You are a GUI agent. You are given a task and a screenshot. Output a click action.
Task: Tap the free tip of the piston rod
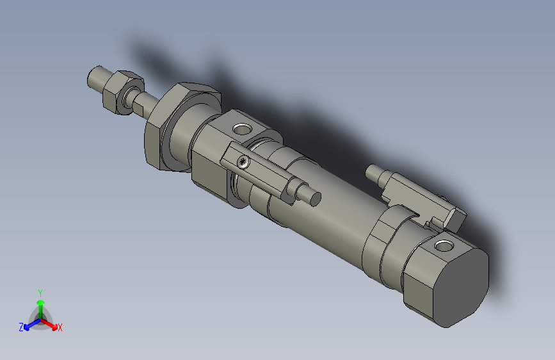point(94,76)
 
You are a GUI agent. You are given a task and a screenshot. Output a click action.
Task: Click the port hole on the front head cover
point(241,129)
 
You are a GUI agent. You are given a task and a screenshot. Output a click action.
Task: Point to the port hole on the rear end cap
point(443,245)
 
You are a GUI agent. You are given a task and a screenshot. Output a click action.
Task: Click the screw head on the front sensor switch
point(242,161)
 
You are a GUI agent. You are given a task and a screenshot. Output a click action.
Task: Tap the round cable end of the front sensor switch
point(314,198)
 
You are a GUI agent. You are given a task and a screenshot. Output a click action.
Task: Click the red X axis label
point(60,327)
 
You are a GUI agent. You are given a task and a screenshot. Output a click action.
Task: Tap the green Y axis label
point(40,292)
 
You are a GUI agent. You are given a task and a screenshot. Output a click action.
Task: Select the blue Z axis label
point(21,327)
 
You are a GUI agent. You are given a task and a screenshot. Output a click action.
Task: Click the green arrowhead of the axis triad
point(40,301)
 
